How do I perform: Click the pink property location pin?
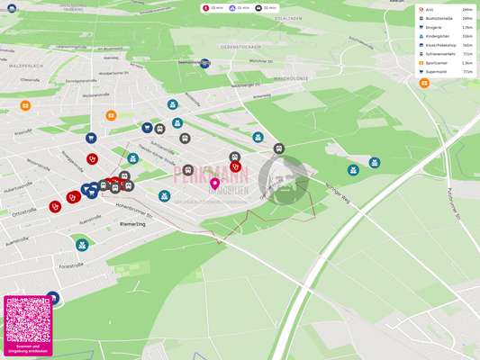tap(214, 184)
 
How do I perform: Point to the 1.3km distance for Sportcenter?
tap(467, 63)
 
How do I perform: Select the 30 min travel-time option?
tap(266, 8)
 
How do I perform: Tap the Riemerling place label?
tap(133, 223)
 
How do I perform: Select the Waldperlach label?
tap(26, 66)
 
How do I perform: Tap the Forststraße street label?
tap(71, 265)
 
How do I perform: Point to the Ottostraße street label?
tap(24, 211)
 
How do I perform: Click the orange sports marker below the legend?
tap(424, 84)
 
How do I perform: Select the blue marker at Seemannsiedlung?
tap(205, 64)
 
